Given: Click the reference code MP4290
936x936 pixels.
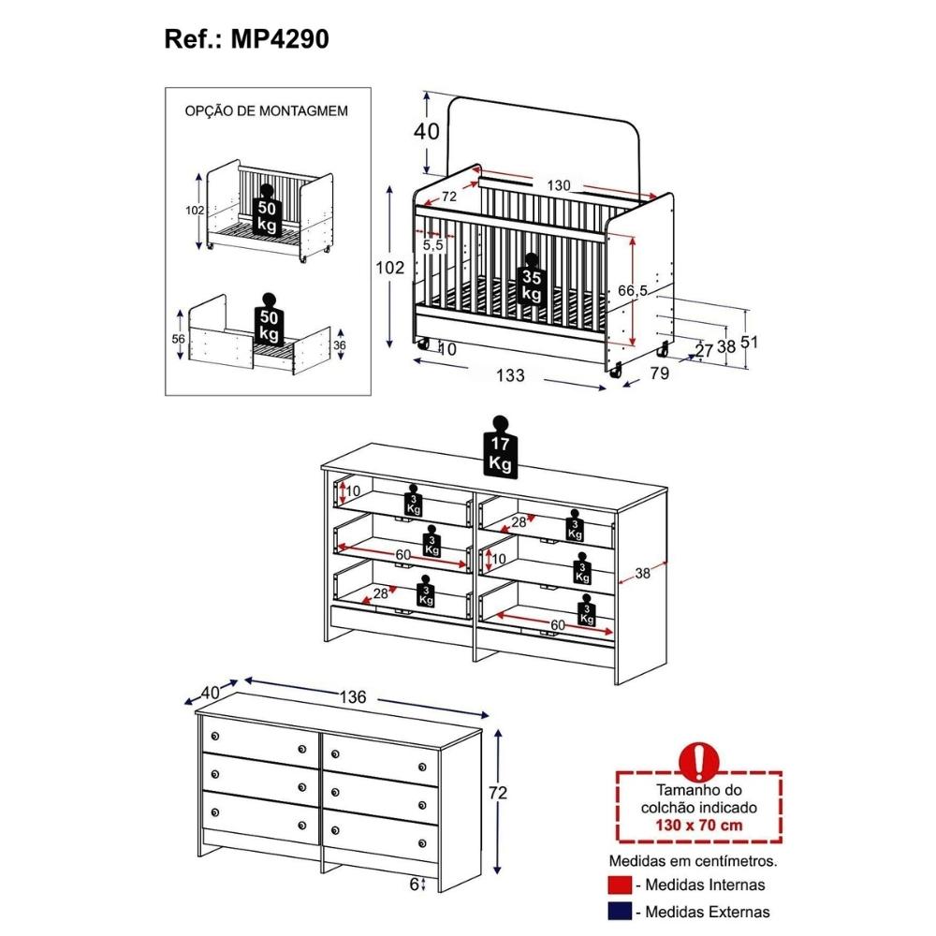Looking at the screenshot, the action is point(279,39).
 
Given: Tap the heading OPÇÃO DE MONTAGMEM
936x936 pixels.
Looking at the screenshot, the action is point(266,111).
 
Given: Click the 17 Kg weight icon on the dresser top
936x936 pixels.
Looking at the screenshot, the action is point(500,447).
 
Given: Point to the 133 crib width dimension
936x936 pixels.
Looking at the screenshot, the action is point(510,375).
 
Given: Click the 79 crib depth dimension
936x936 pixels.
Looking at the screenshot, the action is point(660,373).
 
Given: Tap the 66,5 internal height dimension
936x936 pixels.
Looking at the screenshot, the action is point(632,291).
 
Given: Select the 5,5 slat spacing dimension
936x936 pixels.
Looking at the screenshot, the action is point(433,244).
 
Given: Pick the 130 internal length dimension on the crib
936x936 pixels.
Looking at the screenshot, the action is point(559,185).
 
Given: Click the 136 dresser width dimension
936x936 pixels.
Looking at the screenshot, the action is point(353,696).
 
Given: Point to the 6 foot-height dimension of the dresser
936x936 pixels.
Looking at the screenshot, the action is point(415,885).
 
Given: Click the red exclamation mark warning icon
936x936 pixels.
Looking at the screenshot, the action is point(699,762).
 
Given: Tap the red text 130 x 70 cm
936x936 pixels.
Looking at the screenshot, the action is point(698,826).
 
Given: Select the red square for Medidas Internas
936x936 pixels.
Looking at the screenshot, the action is point(619,885).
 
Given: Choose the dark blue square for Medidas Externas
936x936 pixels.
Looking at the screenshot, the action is point(619,912).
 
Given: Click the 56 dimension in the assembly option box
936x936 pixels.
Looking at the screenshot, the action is point(179,339).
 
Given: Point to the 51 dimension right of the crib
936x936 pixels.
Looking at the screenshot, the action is point(749,342).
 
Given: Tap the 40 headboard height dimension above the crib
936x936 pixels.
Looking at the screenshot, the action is point(427,131).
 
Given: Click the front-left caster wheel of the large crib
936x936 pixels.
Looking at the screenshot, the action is point(423,344).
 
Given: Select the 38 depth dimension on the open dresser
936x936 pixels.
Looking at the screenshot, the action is point(642,574).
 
